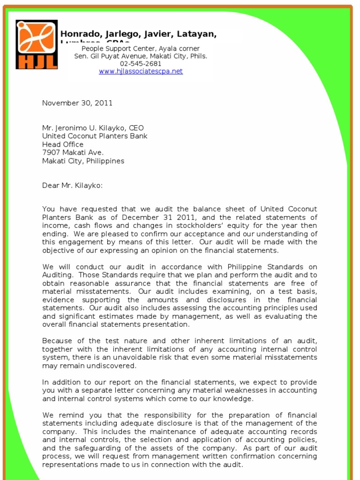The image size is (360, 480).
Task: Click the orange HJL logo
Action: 37,45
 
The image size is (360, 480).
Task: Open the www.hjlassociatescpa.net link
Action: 141,71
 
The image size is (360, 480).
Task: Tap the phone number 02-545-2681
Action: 141,64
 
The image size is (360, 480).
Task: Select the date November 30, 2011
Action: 77,103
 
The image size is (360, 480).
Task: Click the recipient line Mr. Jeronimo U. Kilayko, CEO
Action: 93,128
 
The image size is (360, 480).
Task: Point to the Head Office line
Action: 63,144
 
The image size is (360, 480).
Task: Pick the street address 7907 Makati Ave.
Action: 73,152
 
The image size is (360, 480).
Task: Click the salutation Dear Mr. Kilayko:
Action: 72,186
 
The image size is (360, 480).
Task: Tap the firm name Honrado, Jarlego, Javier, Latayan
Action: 138,34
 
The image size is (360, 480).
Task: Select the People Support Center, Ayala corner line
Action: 141,49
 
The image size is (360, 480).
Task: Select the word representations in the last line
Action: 70,465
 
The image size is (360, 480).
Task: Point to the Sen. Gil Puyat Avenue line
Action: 141,56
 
